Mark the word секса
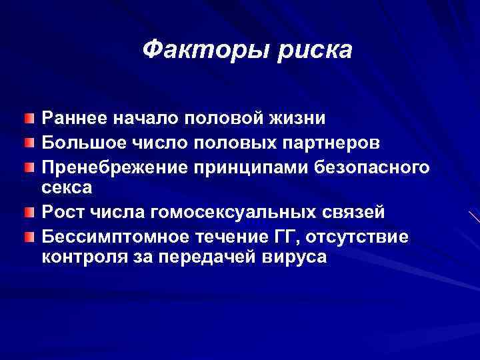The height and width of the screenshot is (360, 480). point(67,188)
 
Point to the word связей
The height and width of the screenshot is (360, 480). point(353,211)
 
